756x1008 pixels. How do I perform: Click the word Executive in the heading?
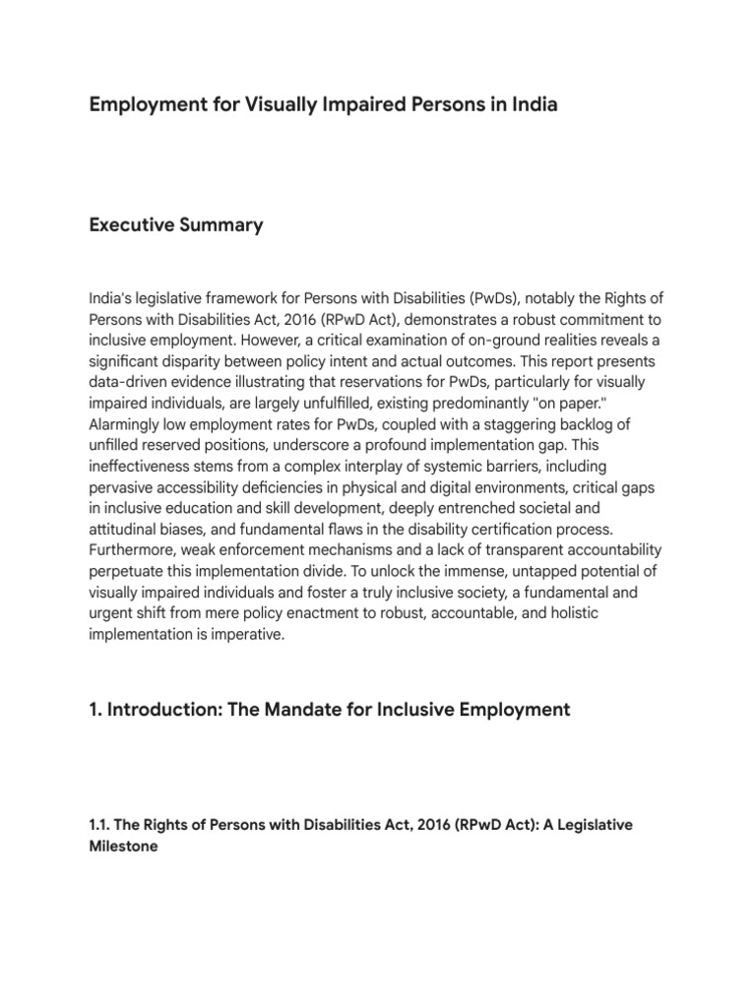(x=131, y=225)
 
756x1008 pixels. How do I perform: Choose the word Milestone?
(x=123, y=846)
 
